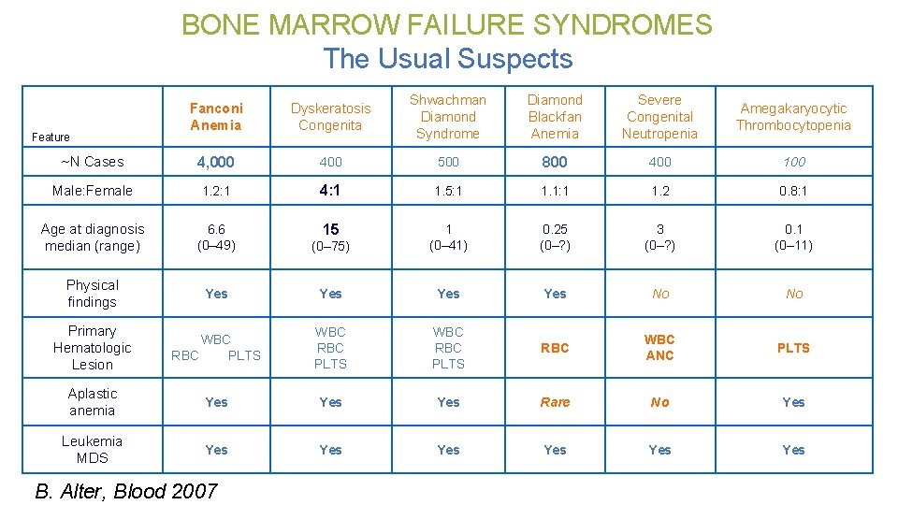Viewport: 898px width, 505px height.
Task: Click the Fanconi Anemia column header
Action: pos(216,117)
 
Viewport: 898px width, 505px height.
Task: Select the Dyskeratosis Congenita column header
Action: pos(330,117)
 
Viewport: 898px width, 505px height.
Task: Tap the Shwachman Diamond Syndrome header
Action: pos(448,117)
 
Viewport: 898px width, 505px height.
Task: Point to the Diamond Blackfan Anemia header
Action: pos(555,117)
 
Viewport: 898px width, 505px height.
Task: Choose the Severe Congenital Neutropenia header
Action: pos(659,117)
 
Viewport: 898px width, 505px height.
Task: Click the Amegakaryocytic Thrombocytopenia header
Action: pos(793,117)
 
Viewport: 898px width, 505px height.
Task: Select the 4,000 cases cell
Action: pos(216,162)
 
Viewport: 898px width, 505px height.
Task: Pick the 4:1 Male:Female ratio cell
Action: pos(330,190)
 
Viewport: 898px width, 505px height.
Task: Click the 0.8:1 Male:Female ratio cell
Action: pos(793,191)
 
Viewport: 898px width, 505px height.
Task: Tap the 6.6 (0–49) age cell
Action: pos(216,238)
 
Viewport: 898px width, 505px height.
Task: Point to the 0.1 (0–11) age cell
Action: pos(793,238)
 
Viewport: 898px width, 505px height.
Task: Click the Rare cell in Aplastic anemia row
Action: pos(555,402)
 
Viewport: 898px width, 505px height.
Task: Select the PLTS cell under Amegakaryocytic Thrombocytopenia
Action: pos(793,348)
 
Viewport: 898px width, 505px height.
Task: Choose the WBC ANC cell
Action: pos(659,348)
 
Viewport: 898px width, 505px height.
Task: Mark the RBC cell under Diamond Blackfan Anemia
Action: pos(555,348)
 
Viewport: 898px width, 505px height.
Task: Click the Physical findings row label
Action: pos(93,294)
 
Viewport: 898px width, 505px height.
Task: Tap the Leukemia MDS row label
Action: pos(93,450)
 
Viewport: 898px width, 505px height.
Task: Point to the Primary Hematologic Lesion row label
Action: pos(93,348)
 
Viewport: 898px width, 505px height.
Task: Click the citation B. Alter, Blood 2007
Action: pos(126,491)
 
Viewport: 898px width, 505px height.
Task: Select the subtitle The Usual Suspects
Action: pos(447,59)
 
